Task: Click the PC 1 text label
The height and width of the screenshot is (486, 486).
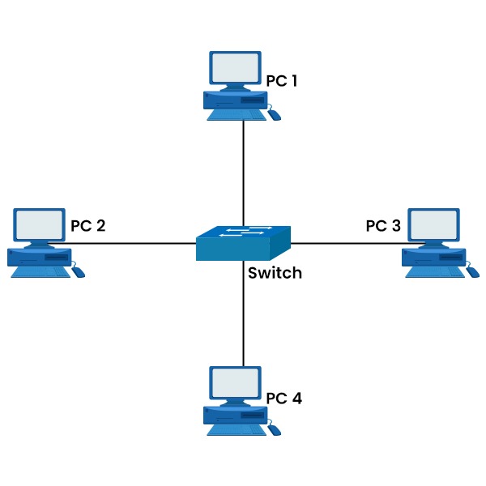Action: [283, 81]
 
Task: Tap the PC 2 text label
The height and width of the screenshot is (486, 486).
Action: [87, 225]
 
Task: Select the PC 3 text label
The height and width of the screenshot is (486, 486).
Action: [383, 225]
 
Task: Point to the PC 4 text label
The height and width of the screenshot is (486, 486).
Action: [283, 399]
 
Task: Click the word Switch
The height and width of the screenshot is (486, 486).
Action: [275, 273]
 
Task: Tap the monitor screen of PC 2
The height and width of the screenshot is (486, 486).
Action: [39, 224]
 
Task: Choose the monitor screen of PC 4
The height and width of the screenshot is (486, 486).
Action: [236, 382]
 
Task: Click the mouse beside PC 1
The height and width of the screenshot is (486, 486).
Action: [275, 115]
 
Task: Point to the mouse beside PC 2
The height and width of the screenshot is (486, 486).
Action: [78, 271]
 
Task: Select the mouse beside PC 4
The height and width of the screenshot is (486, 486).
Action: [275, 429]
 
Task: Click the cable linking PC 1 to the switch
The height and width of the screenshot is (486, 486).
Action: [243, 170]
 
